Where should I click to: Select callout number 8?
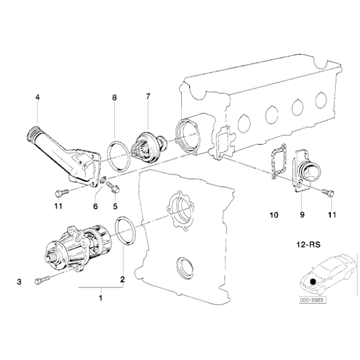[114, 98]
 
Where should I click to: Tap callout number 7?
[148, 98]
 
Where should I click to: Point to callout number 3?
[19, 282]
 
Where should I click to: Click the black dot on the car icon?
[312, 281]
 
